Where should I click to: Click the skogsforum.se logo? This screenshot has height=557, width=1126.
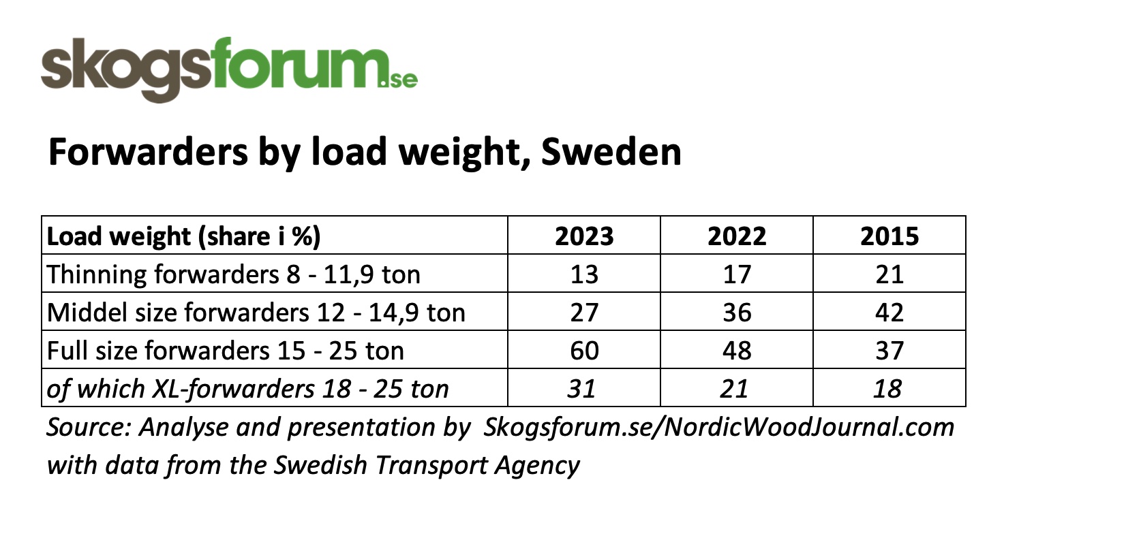pyautogui.click(x=229, y=68)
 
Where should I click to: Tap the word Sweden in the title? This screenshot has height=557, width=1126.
pyautogui.click(x=611, y=152)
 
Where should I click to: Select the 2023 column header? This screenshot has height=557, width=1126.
pyautogui.click(x=584, y=236)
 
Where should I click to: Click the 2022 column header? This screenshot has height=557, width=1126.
pyautogui.click(x=737, y=236)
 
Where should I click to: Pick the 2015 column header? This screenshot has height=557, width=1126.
pyautogui.click(x=889, y=236)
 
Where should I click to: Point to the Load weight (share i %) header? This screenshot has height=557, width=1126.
pyautogui.click(x=184, y=236)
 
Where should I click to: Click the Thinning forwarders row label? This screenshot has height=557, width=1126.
pyautogui.click(x=234, y=274)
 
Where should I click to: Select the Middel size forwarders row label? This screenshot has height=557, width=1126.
pyautogui.click(x=256, y=313)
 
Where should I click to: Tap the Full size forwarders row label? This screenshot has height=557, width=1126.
pyautogui.click(x=226, y=351)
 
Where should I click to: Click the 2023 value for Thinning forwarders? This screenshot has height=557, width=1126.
pyautogui.click(x=584, y=274)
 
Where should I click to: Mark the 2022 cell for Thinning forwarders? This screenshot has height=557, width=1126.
pyautogui.click(x=737, y=274)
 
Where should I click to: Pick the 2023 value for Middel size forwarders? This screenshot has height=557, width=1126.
pyautogui.click(x=584, y=313)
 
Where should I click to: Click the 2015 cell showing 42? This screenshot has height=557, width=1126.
pyautogui.click(x=889, y=313)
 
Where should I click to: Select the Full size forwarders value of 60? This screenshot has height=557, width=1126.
pyautogui.click(x=584, y=351)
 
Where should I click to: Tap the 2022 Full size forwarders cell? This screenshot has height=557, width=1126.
pyautogui.click(x=737, y=351)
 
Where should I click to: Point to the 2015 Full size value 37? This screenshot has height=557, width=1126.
pyautogui.click(x=889, y=351)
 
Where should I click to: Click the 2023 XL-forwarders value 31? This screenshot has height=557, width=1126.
pyautogui.click(x=582, y=389)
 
